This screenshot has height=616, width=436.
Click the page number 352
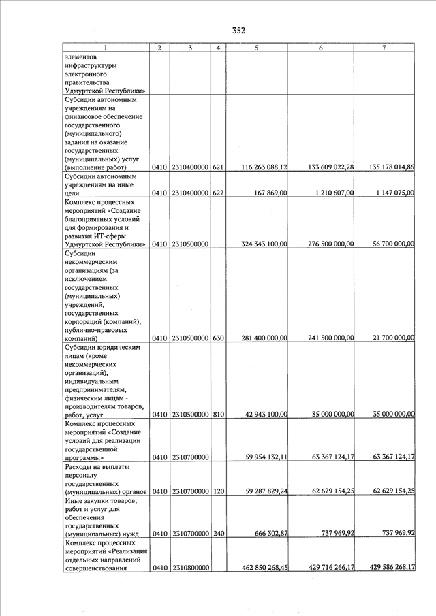point(238,30)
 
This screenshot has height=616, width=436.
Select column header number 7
point(384,48)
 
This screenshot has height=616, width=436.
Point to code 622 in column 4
point(218,193)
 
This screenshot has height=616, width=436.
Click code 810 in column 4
point(218,414)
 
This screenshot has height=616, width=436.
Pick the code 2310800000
point(190,567)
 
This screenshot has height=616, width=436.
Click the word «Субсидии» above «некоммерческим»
point(81,253)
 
